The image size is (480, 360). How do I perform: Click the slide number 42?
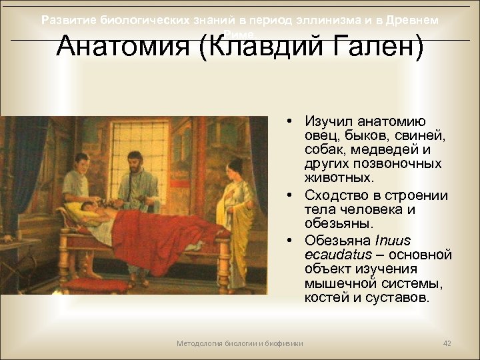pos(447,343)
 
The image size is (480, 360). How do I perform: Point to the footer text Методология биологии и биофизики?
pos(239,343)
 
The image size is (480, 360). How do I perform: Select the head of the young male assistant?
pos(81,162)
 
